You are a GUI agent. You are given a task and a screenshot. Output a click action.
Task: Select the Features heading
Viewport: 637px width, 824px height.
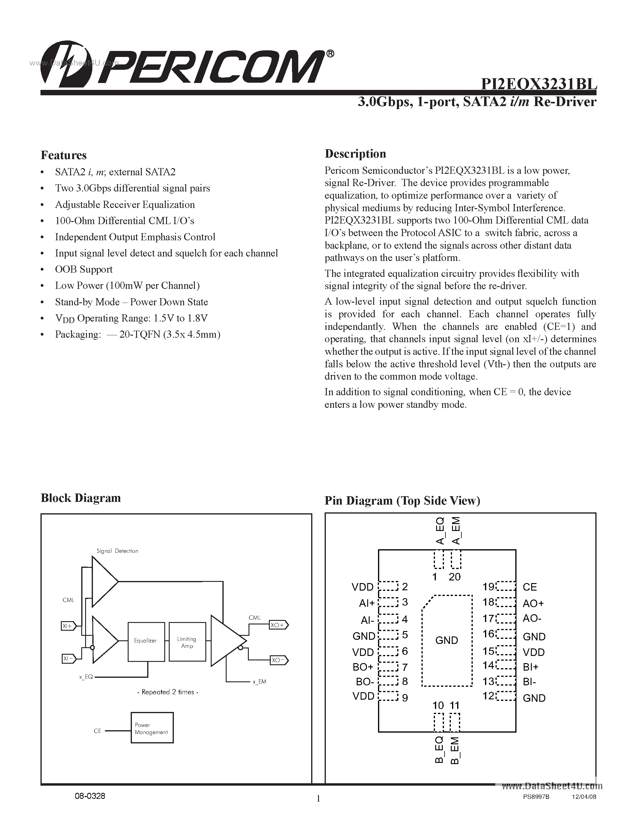coord(63,155)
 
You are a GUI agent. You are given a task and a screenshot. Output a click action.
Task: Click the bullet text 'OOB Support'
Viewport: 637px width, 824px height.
coord(84,269)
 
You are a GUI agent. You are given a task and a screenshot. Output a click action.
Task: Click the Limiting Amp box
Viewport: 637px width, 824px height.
coord(187,642)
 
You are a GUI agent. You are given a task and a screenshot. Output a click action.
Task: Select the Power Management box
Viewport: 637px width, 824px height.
coord(152,728)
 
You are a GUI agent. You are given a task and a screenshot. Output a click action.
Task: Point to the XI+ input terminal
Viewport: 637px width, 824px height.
coord(68,626)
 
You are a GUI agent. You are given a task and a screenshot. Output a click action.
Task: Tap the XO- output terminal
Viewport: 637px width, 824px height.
coord(278,660)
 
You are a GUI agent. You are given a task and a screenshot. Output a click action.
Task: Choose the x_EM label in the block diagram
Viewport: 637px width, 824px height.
coord(260,681)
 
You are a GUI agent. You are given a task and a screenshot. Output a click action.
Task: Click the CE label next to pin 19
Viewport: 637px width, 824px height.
coord(530,587)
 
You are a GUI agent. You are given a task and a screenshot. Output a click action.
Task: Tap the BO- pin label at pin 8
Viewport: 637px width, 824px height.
coord(365,682)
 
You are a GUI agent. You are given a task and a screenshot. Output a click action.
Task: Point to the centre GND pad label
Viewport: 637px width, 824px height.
coord(446,640)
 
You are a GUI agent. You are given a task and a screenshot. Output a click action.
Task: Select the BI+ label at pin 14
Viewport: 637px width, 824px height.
coord(531,667)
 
